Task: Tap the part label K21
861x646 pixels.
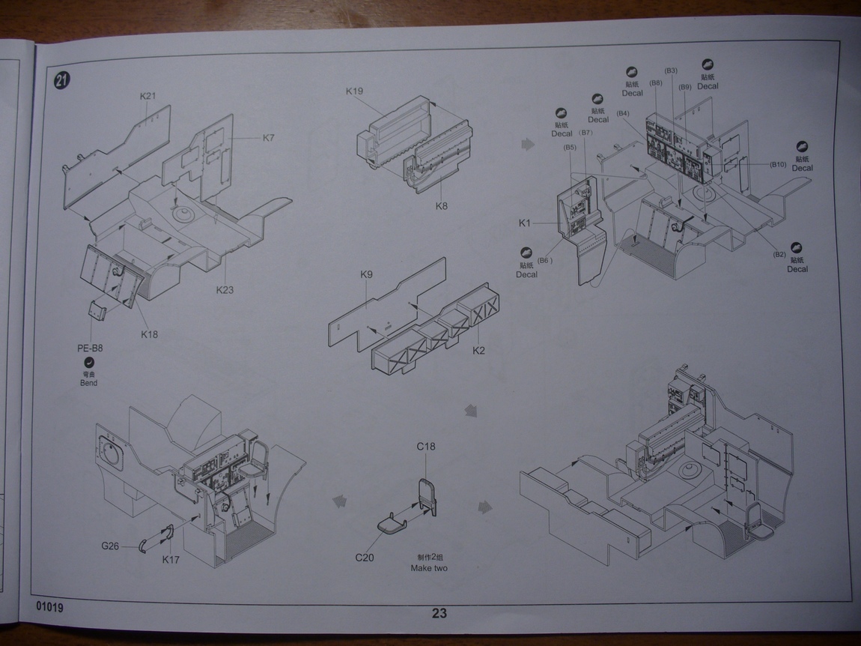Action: (147, 96)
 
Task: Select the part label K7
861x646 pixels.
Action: (269, 138)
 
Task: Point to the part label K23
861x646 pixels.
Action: (225, 290)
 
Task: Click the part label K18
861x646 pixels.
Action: (150, 334)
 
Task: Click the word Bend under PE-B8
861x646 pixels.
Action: (89, 383)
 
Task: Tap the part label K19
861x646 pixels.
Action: (354, 91)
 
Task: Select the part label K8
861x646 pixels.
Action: (441, 206)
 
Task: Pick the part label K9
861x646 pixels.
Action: (366, 274)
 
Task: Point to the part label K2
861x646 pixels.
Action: (479, 350)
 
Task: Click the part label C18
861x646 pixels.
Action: (426, 447)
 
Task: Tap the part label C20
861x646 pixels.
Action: (365, 558)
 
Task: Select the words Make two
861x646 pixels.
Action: (429, 568)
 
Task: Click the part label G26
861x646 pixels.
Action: (111, 546)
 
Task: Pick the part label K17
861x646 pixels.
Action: (171, 559)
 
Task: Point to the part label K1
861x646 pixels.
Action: (524, 223)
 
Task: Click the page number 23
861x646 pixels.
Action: (439, 613)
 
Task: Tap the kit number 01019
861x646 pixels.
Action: (49, 607)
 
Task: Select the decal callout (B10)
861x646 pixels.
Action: (776, 164)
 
